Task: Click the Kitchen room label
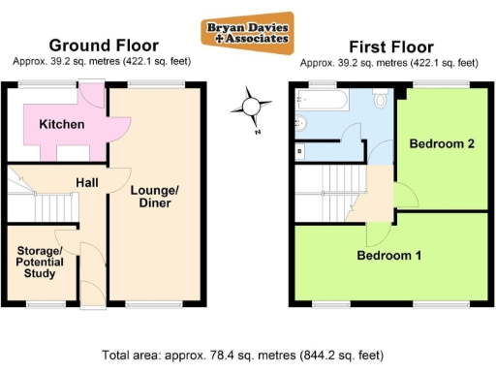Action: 61,124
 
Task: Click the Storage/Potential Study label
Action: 40,263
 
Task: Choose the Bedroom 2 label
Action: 441,144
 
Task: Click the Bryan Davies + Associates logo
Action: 247,33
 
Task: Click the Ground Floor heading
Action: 104,46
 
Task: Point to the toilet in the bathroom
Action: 383,99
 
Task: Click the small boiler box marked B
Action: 299,151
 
